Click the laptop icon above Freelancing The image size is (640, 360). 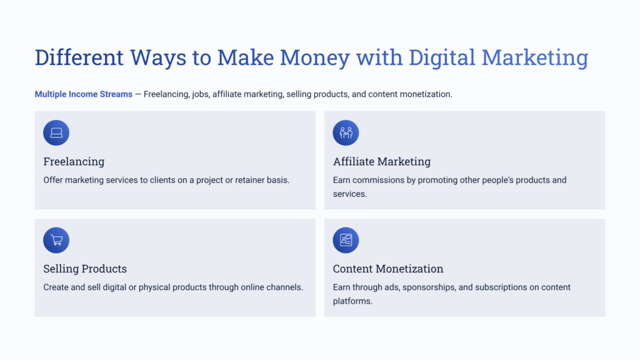[x=56, y=132]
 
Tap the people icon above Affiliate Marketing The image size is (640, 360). [x=346, y=132]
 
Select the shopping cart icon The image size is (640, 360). [x=56, y=240]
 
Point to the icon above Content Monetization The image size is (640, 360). [x=346, y=240]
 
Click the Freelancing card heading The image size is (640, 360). [x=74, y=161]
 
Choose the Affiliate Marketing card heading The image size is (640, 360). [x=382, y=161]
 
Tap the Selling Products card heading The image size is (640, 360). [x=85, y=269]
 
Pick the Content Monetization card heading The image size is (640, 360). [x=388, y=269]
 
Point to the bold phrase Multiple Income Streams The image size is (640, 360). [x=83, y=94]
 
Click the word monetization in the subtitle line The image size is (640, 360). [x=423, y=94]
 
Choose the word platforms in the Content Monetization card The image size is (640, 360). [x=352, y=301]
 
